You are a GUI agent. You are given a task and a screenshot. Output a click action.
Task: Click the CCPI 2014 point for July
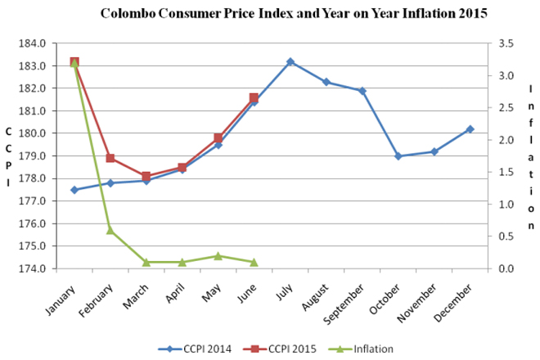290,61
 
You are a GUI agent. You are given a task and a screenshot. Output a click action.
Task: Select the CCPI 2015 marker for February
110,158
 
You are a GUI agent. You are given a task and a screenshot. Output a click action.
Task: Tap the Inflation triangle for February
110,230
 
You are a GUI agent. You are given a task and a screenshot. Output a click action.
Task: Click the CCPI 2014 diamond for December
470,129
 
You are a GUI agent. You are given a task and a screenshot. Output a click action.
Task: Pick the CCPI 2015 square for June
254,98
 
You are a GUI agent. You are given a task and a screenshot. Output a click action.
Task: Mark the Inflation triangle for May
218,256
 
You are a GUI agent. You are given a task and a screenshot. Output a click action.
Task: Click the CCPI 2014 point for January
74,190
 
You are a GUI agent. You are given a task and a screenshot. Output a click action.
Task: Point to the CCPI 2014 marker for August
326,82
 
